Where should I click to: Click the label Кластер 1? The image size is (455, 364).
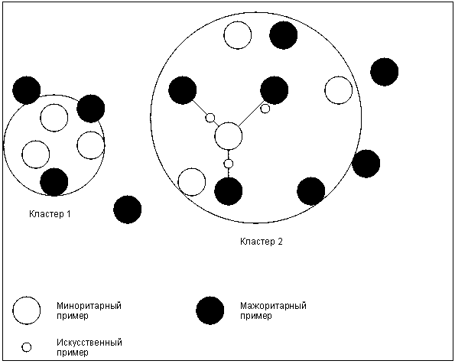tap(50, 214)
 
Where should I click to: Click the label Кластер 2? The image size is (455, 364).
tap(262, 242)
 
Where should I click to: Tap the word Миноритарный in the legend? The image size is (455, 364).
tap(89, 306)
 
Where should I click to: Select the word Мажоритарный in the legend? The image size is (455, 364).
tap(273, 306)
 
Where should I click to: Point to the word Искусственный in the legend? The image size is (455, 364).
tap(89, 343)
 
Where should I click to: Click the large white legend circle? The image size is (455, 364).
tap(27, 310)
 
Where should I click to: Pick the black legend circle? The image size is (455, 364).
tap(210, 310)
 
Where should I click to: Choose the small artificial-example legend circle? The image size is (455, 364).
tap(27, 347)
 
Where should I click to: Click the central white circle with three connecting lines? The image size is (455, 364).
tap(229, 136)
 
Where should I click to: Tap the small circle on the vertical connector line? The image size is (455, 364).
tap(229, 164)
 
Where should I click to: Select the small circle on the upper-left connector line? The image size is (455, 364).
tap(210, 118)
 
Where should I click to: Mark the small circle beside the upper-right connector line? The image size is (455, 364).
tap(265, 109)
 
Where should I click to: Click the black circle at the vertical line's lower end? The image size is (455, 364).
tap(229, 191)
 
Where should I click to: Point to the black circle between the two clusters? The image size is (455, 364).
tap(128, 210)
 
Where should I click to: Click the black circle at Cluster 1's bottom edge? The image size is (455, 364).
tap(54, 182)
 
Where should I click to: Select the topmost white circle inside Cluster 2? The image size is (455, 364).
tap(238, 35)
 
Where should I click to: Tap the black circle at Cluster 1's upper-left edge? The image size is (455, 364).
tap(27, 90)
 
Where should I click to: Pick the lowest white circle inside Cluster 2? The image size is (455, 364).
tap(191, 182)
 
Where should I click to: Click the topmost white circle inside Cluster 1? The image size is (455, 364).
tap(54, 118)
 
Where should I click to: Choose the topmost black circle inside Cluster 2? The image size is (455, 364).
tap(284, 35)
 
